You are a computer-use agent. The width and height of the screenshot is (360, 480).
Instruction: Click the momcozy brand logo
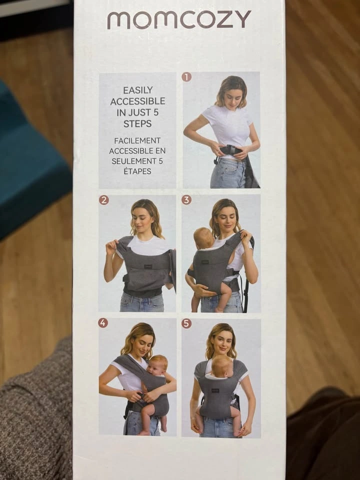coord(179,19)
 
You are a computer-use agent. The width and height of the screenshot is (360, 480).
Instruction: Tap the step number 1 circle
coord(186,77)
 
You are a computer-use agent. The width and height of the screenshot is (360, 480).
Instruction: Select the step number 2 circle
coord(104,200)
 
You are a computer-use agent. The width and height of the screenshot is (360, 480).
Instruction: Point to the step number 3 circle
coord(186,200)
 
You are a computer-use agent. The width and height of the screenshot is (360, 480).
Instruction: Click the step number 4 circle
coord(103,323)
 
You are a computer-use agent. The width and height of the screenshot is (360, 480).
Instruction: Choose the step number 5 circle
coord(186,323)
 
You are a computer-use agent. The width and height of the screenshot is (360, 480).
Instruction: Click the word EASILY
coord(138,90)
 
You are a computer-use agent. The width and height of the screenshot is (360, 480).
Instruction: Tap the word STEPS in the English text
coord(137,123)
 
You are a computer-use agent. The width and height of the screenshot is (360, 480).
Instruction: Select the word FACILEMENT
coord(137,141)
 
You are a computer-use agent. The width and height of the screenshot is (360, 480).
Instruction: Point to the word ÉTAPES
coord(137,171)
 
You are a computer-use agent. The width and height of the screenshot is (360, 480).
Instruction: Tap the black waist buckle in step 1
coord(230,150)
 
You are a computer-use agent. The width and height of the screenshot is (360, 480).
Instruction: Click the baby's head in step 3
coord(203,238)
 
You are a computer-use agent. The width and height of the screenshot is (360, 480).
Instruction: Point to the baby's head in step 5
coord(222,366)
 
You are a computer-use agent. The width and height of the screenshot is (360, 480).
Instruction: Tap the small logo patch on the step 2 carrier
coord(148,266)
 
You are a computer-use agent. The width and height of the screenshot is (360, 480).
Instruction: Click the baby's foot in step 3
coord(219,309)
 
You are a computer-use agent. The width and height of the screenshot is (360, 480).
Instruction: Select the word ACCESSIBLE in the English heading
coord(138,101)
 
